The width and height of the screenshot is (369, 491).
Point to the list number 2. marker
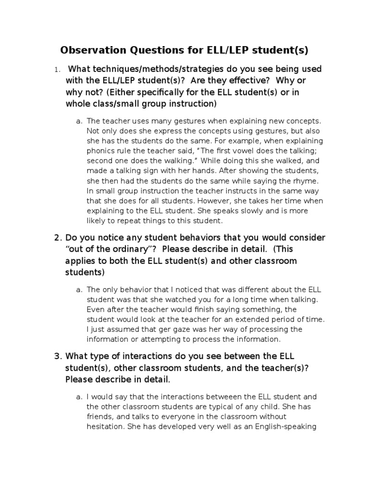coord(58,238)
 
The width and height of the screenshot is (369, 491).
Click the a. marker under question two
coord(79,290)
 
